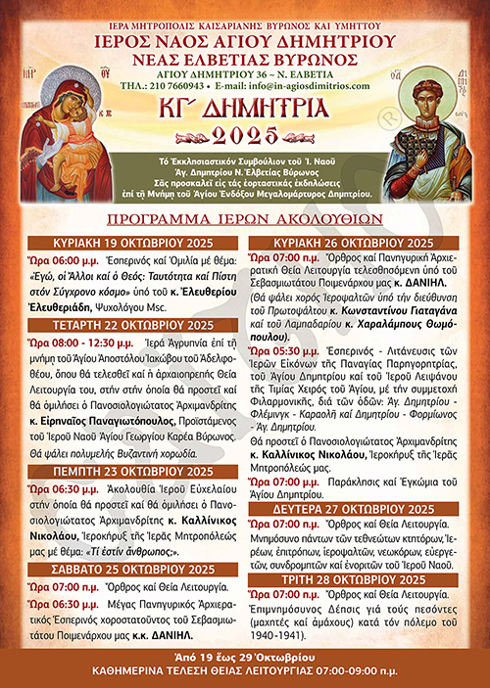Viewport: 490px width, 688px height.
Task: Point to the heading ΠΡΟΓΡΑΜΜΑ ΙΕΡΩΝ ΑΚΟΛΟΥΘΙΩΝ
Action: click(x=245, y=220)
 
